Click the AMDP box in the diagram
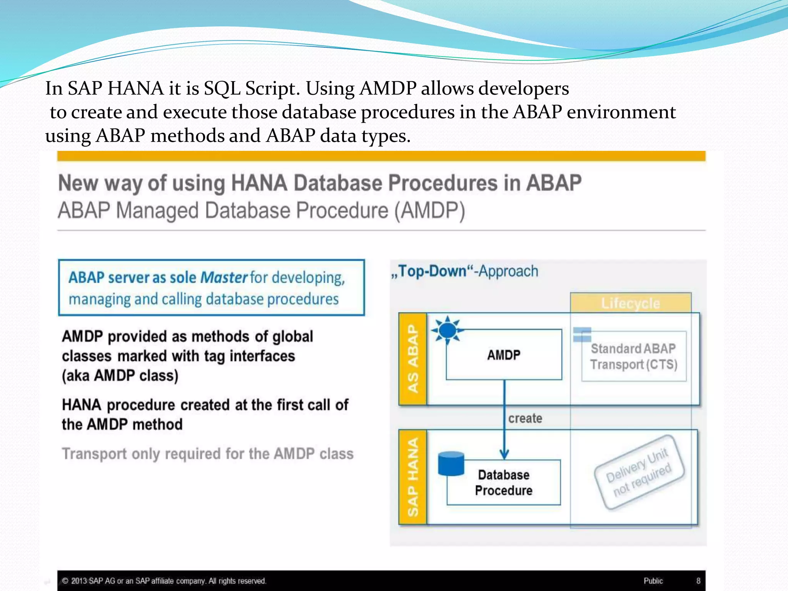point(504,354)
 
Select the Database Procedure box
point(504,482)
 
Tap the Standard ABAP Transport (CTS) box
point(634,356)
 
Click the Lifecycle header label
point(631,303)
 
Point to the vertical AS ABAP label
point(412,359)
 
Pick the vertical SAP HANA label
point(412,477)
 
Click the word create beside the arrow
point(525,418)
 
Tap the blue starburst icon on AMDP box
point(447,330)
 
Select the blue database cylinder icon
point(451,464)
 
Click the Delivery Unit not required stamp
point(639,472)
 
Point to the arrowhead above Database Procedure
point(504,454)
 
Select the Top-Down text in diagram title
point(432,271)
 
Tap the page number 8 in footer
point(698,581)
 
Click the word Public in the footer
point(653,581)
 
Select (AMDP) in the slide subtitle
point(430,211)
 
